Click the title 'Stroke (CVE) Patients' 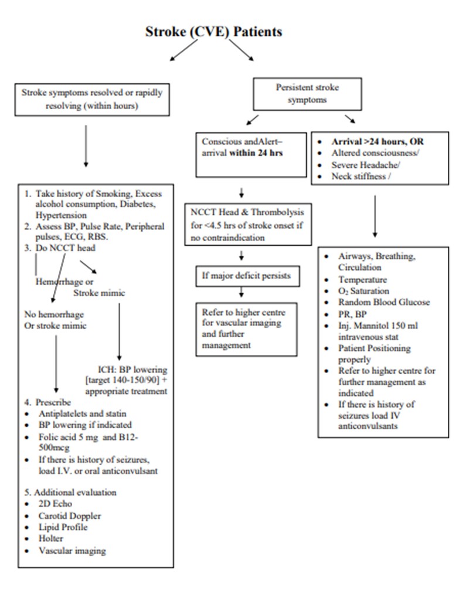(x=213, y=32)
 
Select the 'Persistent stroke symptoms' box (x=307, y=93)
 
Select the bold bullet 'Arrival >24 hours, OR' (x=378, y=142)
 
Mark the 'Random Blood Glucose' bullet (x=384, y=302)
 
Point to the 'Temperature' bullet (x=362, y=280)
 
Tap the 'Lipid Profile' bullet (x=63, y=527)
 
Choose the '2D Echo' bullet (x=55, y=504)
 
